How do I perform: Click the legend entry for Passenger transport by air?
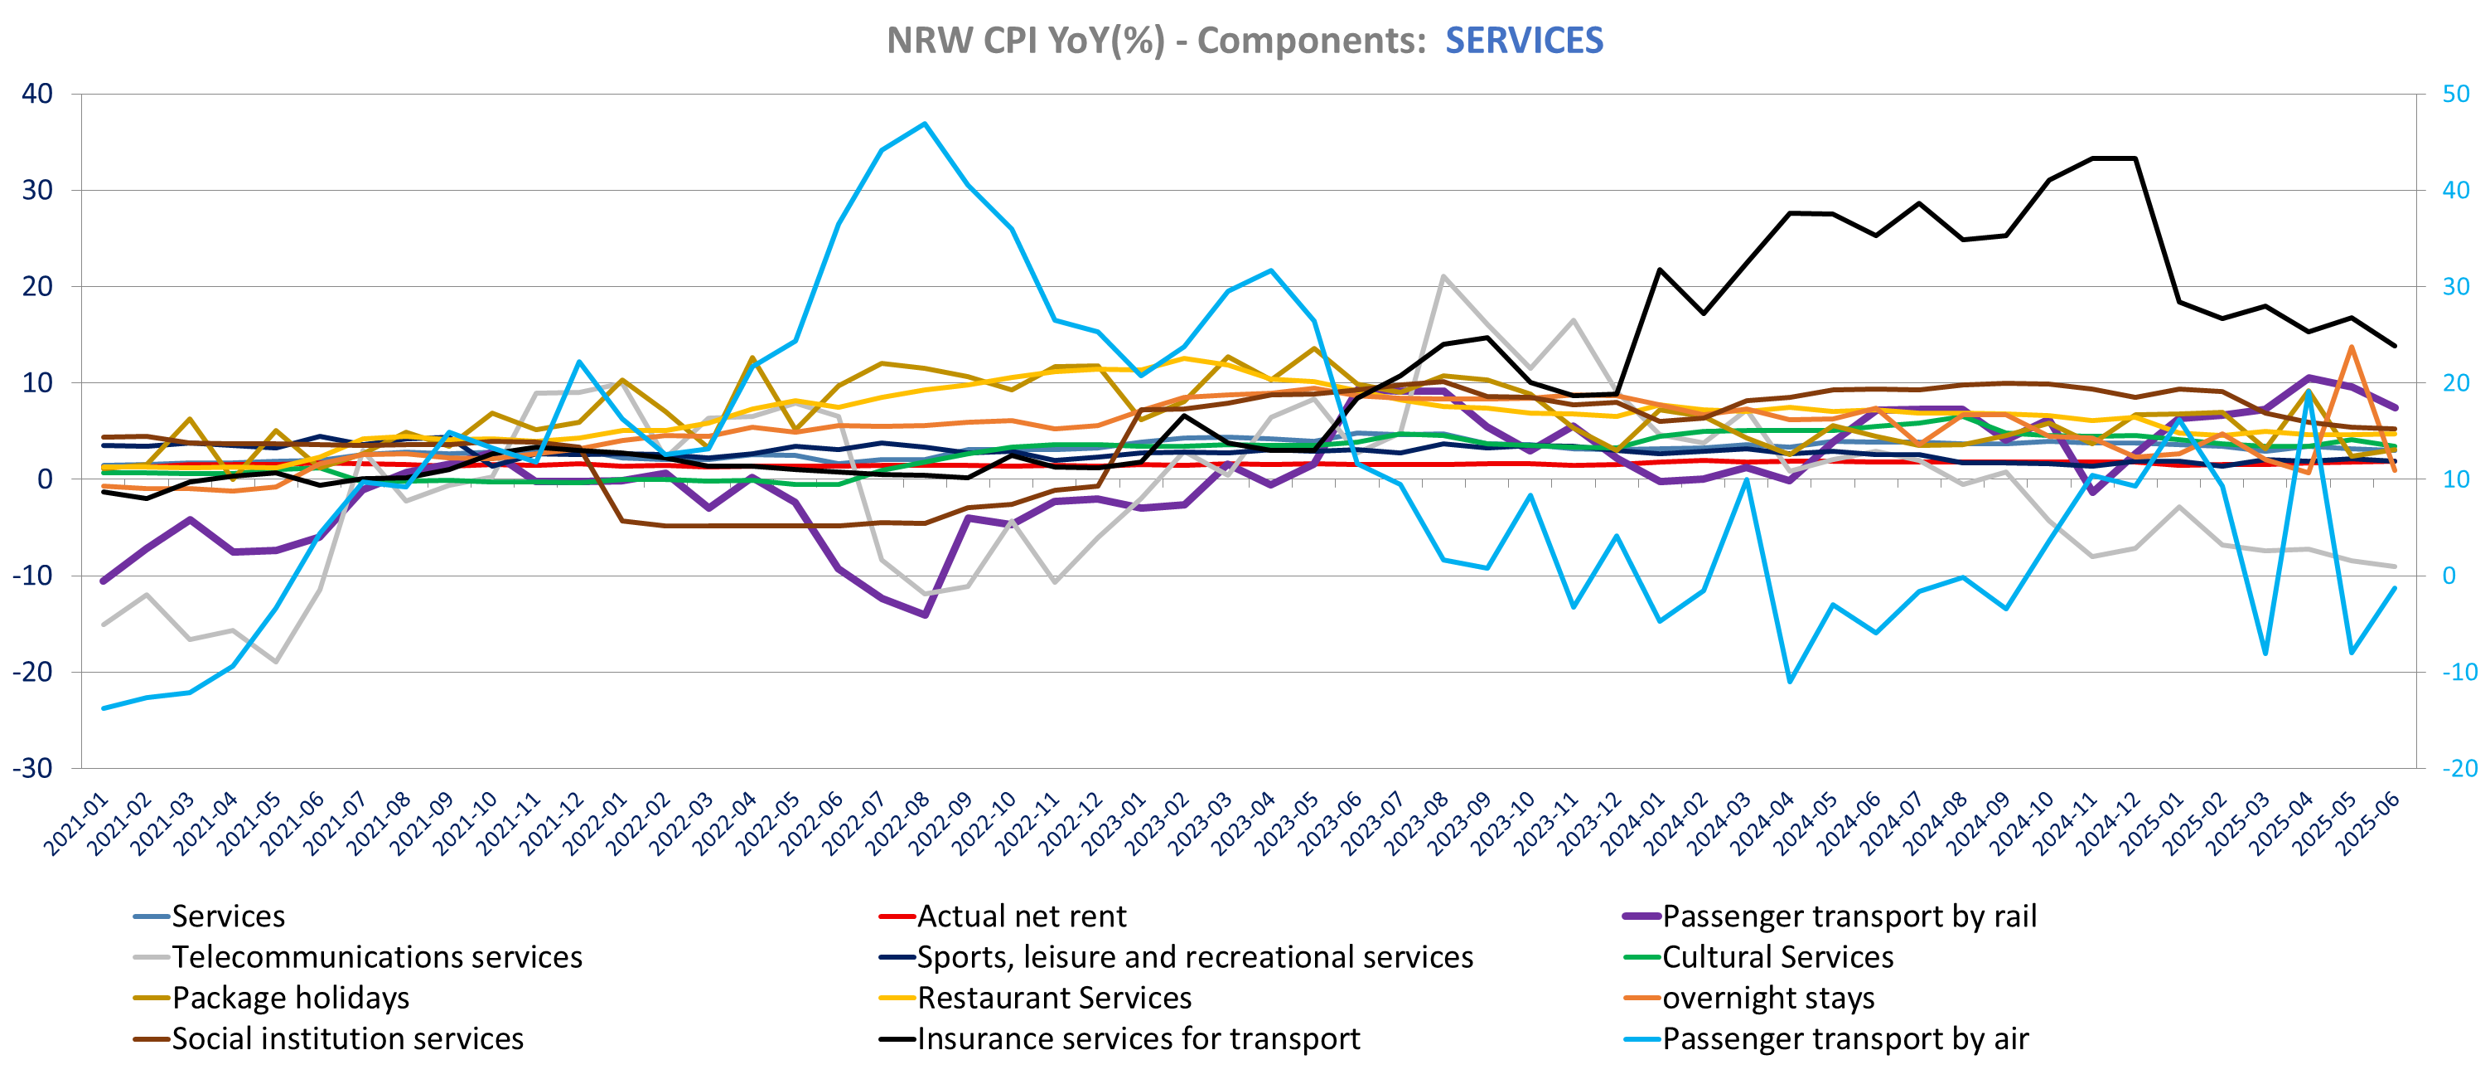(1845, 1038)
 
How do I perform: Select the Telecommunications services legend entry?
(377, 956)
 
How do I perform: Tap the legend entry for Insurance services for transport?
(1138, 1038)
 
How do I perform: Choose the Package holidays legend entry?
(290, 997)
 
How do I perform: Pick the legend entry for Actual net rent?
(1021, 916)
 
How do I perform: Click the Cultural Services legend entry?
(1777, 956)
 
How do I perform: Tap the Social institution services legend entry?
(347, 1038)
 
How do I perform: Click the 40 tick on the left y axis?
(37, 94)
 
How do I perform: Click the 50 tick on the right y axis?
(2455, 94)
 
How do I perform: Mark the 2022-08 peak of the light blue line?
(925, 124)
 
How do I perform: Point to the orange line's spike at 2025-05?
(2352, 346)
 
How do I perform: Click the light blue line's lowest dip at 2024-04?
(1789, 682)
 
